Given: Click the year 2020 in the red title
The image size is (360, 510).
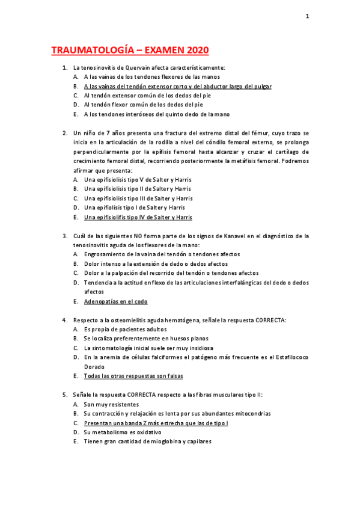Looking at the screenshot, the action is (192, 50).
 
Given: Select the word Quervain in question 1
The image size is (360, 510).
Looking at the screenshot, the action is (138, 68).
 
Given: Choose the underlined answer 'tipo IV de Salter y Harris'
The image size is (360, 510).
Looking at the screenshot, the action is (138, 217).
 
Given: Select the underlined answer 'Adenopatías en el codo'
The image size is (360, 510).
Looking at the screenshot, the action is (115, 301).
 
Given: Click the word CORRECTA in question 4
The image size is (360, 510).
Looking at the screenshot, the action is (269, 321).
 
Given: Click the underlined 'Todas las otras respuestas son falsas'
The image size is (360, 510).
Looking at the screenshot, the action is (133, 376).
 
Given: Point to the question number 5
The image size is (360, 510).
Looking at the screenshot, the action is (64, 395).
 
